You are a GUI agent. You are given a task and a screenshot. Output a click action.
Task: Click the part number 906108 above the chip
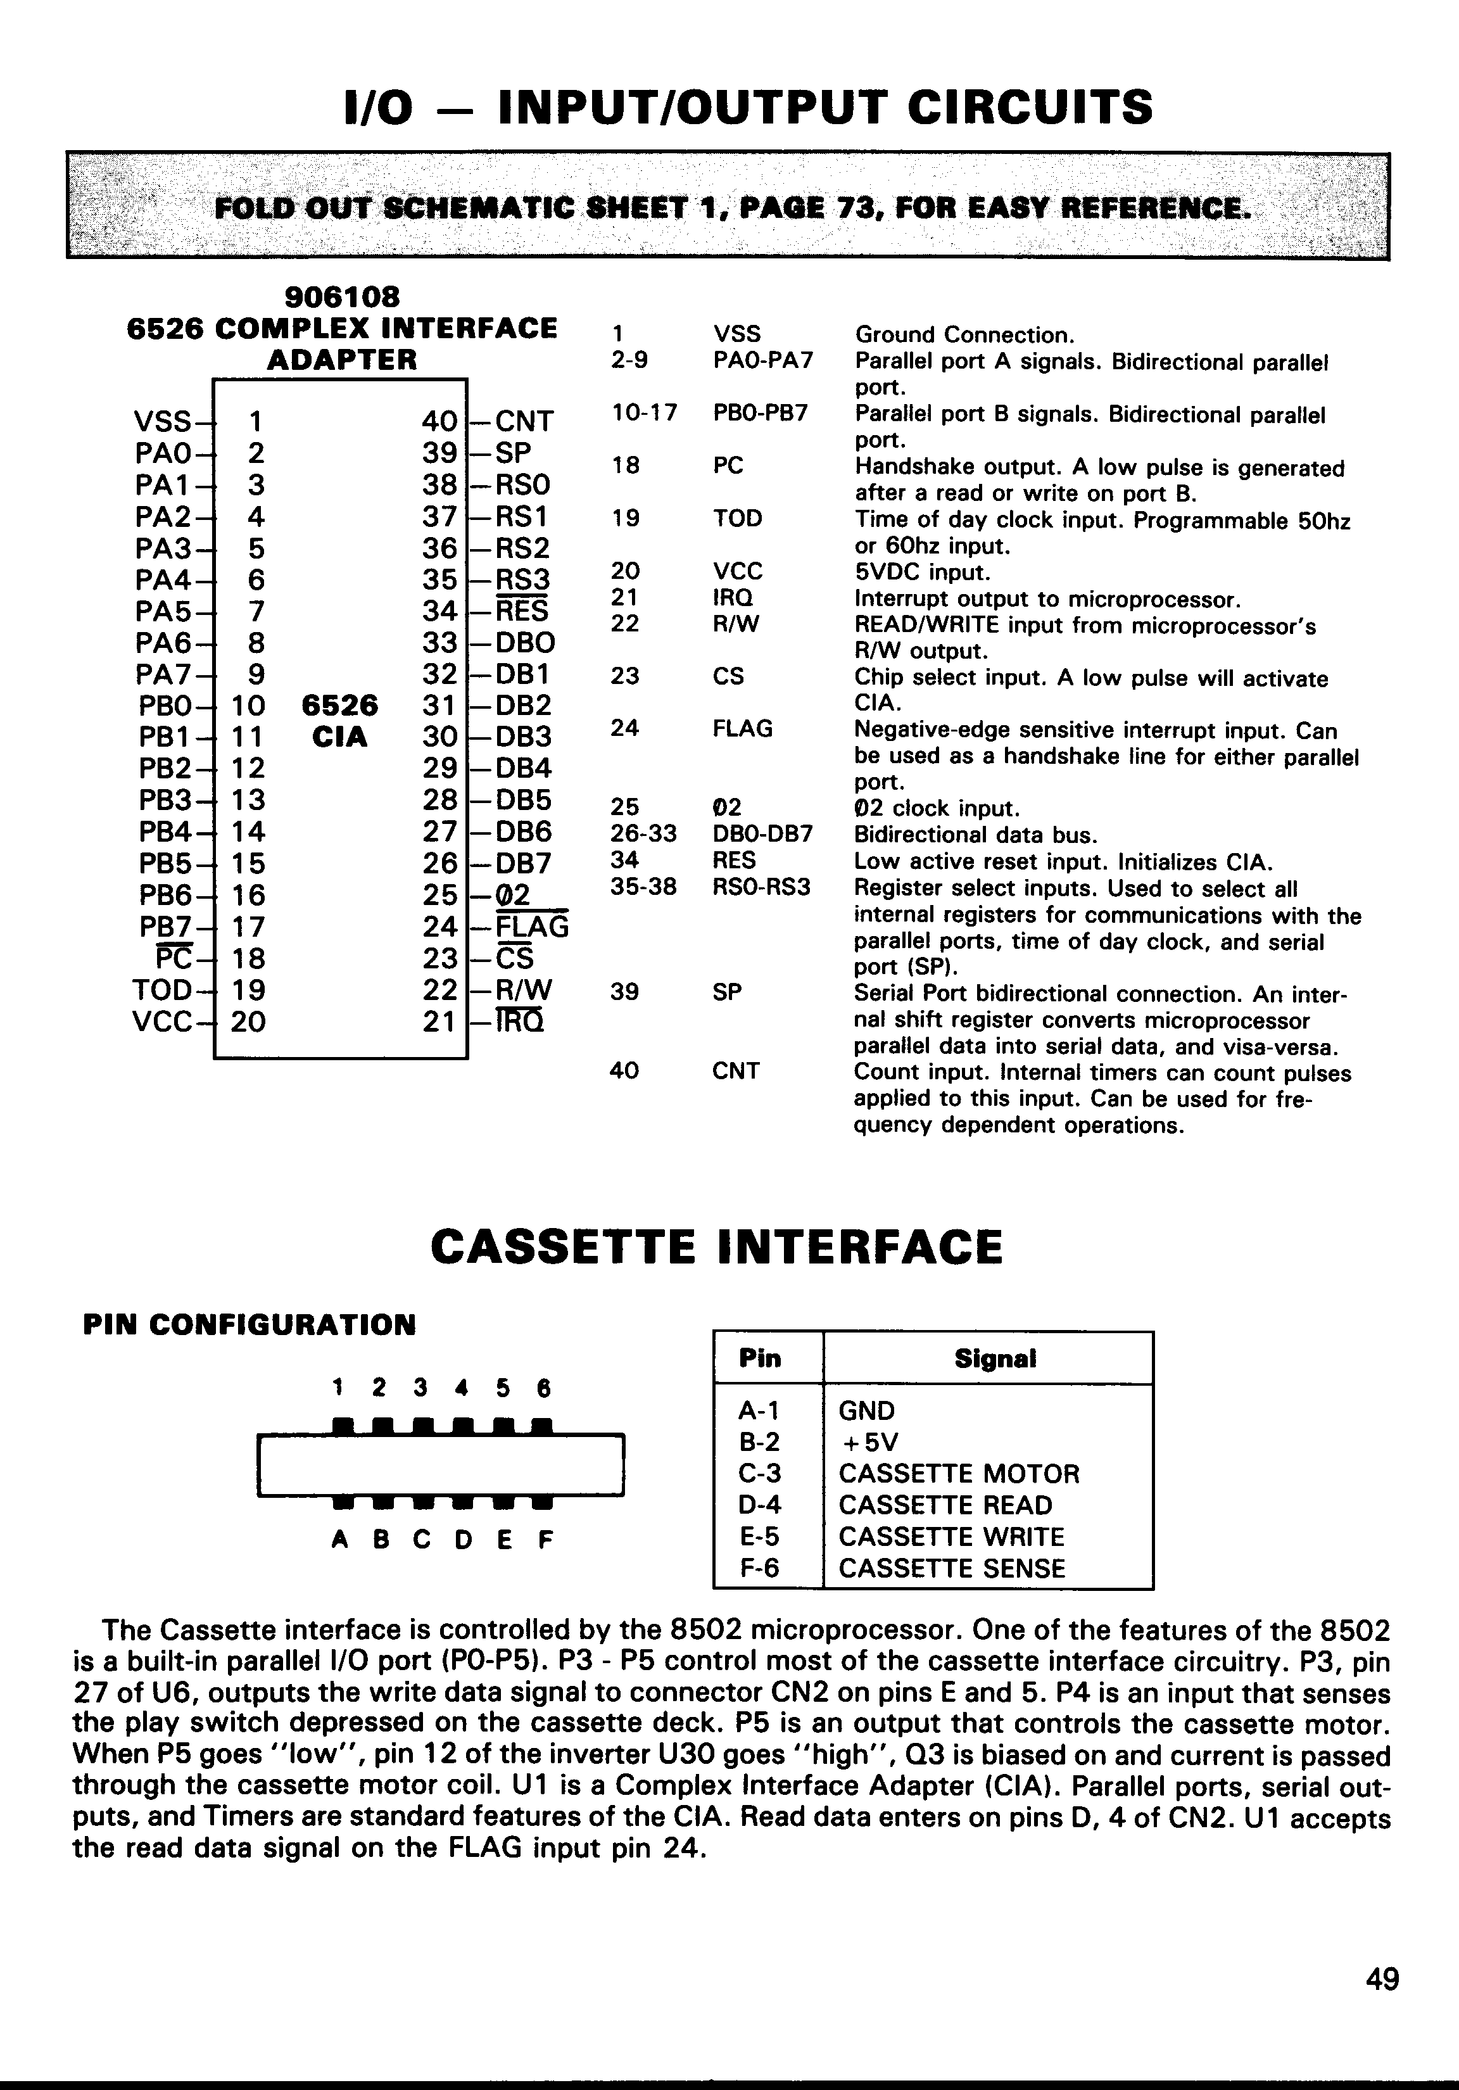click(x=341, y=297)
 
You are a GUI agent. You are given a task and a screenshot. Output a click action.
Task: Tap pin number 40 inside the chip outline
click(x=439, y=421)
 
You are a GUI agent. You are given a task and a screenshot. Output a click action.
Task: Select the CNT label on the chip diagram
click(x=524, y=421)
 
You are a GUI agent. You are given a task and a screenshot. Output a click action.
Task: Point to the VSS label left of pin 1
click(x=163, y=421)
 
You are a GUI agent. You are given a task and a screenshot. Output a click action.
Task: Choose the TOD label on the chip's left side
click(x=162, y=989)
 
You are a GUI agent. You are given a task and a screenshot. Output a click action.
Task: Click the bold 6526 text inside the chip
click(x=339, y=706)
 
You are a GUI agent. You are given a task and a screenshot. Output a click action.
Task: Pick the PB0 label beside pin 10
click(x=165, y=706)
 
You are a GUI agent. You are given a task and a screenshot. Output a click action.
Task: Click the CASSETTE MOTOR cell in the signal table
click(x=958, y=1474)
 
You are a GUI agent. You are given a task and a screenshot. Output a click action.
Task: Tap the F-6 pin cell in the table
click(x=760, y=1568)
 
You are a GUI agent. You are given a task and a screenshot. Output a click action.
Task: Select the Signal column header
click(x=995, y=1359)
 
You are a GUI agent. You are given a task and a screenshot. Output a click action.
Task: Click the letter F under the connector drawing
click(x=545, y=1540)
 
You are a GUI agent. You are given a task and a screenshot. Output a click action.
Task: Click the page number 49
click(x=1382, y=1979)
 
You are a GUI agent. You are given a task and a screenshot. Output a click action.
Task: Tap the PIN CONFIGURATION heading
click(x=249, y=1324)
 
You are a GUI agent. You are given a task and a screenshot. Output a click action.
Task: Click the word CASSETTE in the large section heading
click(x=562, y=1247)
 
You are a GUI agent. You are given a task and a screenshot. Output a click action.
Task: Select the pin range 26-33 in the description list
click(x=643, y=834)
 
